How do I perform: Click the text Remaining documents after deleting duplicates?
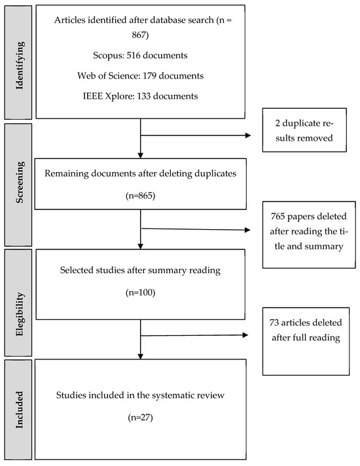click(141, 173)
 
